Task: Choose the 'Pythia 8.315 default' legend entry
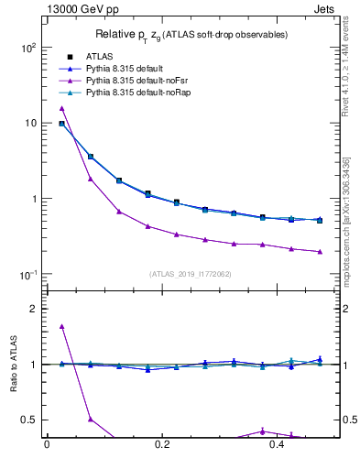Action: (x=125, y=69)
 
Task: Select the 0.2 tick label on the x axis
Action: (x=162, y=444)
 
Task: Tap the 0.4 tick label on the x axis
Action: (x=278, y=444)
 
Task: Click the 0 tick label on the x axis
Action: (x=47, y=444)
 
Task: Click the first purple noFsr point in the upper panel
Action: (x=61, y=108)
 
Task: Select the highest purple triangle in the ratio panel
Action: (x=61, y=326)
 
